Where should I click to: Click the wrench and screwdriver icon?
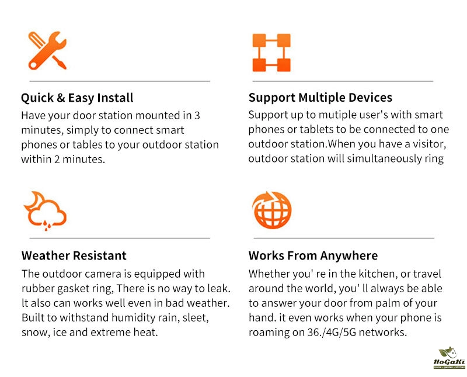click(x=47, y=51)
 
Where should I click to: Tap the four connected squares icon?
click(x=271, y=53)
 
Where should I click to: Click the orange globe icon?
click(x=271, y=210)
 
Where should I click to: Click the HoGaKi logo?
click(x=449, y=358)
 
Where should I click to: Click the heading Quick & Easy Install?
click(x=77, y=98)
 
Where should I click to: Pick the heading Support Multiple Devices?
click(x=320, y=98)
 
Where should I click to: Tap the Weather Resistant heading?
click(x=74, y=255)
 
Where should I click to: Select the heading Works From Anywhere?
click(x=313, y=255)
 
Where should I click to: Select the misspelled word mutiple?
click(x=338, y=115)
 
